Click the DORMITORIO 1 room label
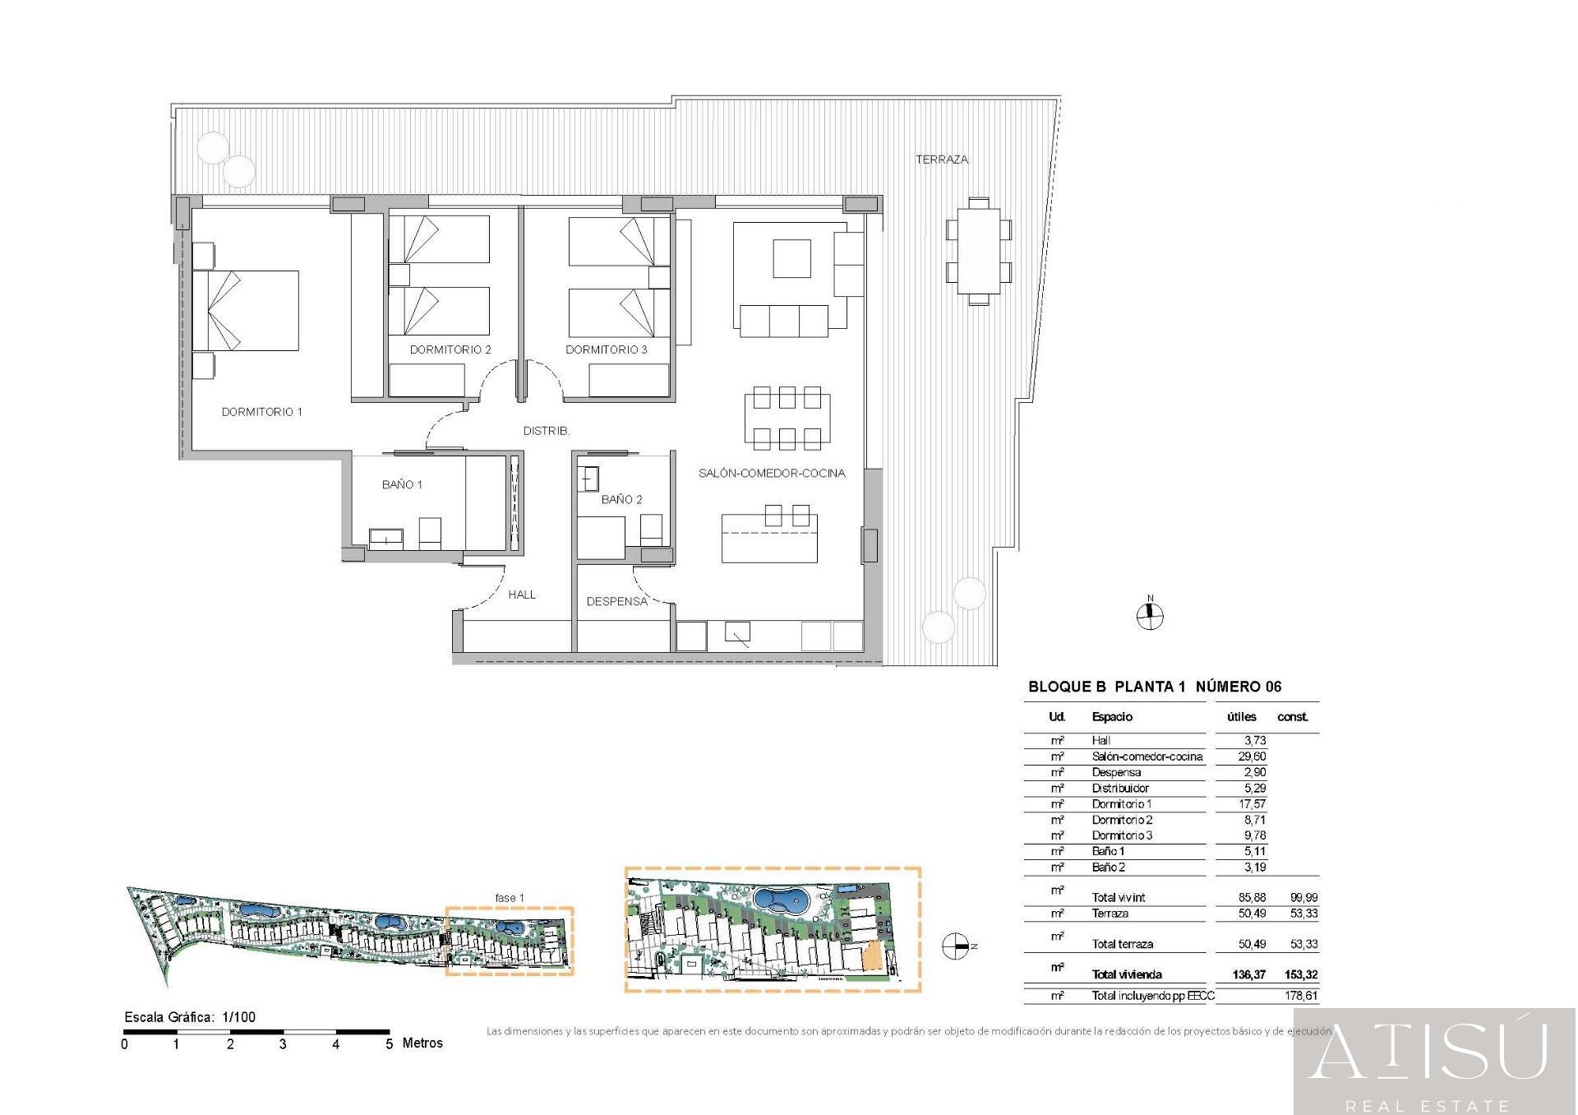coord(261,412)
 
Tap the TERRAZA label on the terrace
coord(942,160)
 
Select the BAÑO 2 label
coord(621,499)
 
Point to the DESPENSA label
coord(616,601)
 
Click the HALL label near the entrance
coord(521,595)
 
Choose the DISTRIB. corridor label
coord(547,431)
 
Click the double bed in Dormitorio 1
coord(246,311)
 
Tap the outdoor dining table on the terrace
coord(978,251)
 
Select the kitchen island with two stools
coord(769,538)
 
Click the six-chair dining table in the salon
coord(787,418)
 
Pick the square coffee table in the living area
coord(791,258)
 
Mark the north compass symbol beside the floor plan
coord(1150,615)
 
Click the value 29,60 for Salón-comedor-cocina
coord(1253,756)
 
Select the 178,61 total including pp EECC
coord(1300,996)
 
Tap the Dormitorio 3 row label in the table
coord(1122,835)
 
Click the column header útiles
coord(1241,717)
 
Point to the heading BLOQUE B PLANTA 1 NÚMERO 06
coord(1155,687)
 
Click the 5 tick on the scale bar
coord(389,1043)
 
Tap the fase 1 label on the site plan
coord(510,898)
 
